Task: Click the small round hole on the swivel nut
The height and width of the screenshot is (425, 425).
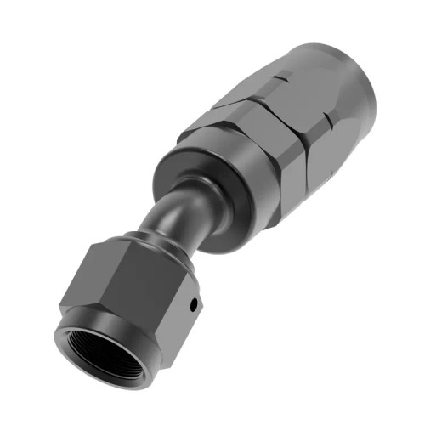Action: [194, 303]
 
